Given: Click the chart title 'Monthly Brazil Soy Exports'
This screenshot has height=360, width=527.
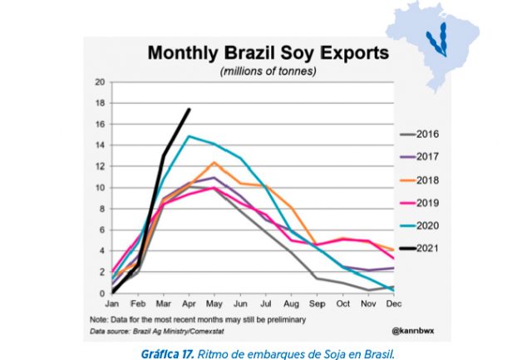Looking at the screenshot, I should [x=268, y=54].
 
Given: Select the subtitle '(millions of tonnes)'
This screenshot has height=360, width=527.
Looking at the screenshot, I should [x=268, y=72].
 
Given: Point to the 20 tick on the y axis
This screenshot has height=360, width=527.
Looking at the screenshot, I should [x=100, y=81].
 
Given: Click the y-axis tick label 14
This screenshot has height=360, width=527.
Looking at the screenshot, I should [x=100, y=145].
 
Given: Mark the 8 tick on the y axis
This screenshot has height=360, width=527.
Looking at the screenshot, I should [x=101, y=209].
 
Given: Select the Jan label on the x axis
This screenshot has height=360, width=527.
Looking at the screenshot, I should [x=114, y=304].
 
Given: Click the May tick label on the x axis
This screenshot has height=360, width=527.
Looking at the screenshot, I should [x=215, y=304].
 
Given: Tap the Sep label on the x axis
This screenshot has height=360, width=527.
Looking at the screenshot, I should [x=316, y=304].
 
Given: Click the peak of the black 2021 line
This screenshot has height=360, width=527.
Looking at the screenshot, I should [x=190, y=109].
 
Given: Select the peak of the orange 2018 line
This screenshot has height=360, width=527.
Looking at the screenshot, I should [x=214, y=162].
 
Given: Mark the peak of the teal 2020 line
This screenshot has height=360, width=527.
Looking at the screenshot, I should [x=190, y=136].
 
